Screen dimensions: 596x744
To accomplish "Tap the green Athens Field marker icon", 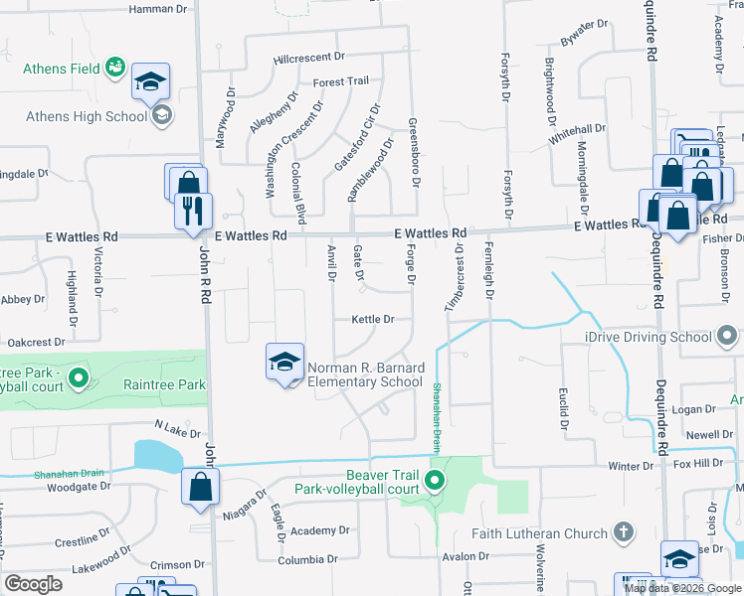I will (x=117, y=69).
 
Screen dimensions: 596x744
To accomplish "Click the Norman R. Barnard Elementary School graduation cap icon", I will (x=284, y=363).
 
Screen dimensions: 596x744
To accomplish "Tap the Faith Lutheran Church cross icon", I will (x=624, y=533).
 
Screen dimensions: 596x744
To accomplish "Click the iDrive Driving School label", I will (x=648, y=337).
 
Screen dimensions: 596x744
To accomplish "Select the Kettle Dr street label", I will (x=373, y=320).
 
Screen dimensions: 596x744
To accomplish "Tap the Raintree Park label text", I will (x=164, y=384).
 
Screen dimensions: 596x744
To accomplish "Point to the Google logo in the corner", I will (x=33, y=584).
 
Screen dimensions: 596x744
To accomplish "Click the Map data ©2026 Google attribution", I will (x=682, y=587).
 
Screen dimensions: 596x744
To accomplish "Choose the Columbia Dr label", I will (x=287, y=560).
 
